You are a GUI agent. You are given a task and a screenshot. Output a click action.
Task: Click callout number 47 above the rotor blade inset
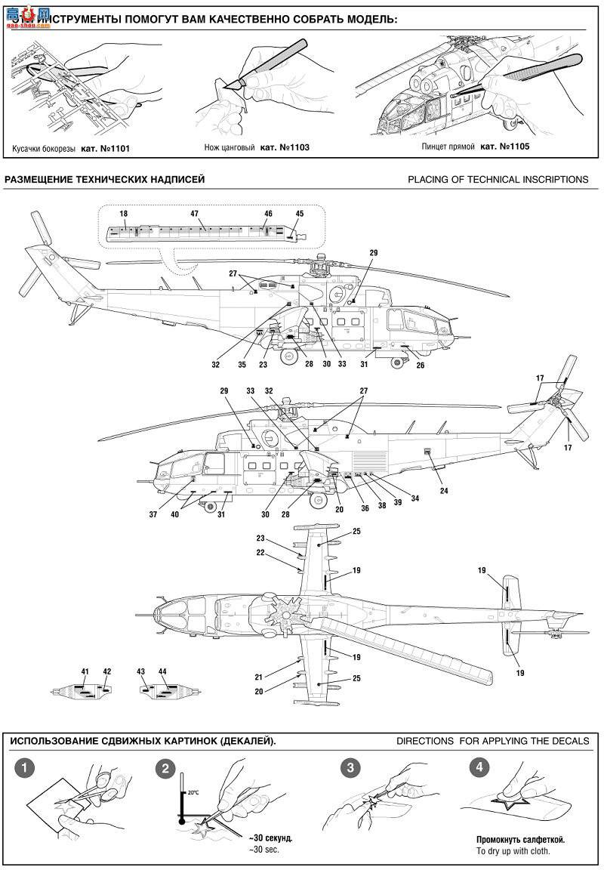194,214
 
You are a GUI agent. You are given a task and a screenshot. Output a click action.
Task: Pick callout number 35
242,365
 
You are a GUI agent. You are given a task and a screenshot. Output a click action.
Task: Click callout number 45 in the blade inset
300,214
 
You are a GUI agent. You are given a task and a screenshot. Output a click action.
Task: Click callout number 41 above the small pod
85,671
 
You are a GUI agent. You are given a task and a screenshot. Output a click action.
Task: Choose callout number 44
162,671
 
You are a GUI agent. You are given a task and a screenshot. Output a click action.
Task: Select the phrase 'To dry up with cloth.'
513,850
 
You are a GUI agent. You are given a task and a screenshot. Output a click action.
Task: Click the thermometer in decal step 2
181,797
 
